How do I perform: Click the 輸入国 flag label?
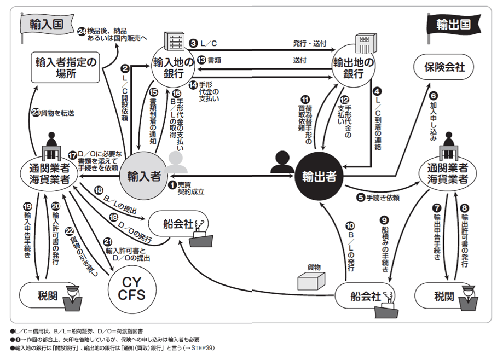42,24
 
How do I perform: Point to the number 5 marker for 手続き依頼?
361,198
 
